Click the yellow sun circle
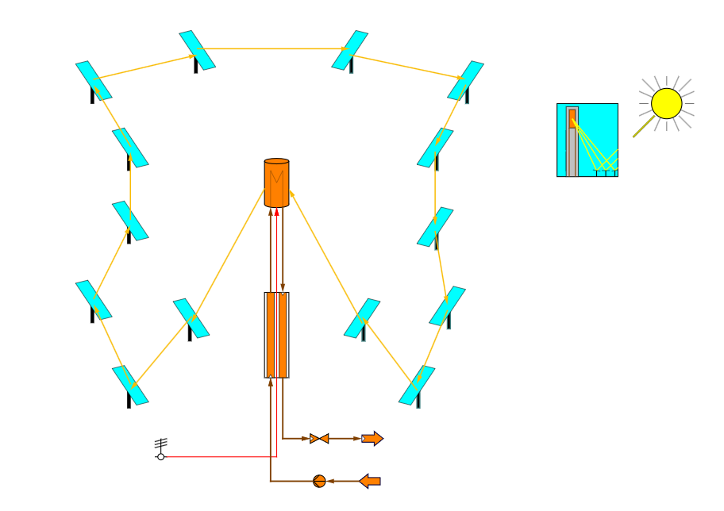[x=666, y=103]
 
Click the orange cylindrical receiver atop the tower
[x=276, y=183]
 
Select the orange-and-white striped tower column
[x=276, y=334]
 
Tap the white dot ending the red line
[x=160, y=456]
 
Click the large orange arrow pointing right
[x=372, y=438]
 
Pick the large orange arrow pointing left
[x=370, y=481]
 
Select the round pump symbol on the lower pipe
[x=319, y=481]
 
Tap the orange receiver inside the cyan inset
[x=572, y=118]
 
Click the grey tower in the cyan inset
[x=572, y=151]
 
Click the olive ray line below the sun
[x=643, y=127]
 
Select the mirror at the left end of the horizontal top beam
[x=197, y=50]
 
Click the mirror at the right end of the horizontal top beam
[x=349, y=50]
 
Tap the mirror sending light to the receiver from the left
[x=191, y=317]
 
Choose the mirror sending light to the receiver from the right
[x=362, y=317]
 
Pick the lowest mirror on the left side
[x=130, y=385]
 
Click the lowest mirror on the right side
[x=417, y=385]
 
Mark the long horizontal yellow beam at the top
[x=274, y=48]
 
